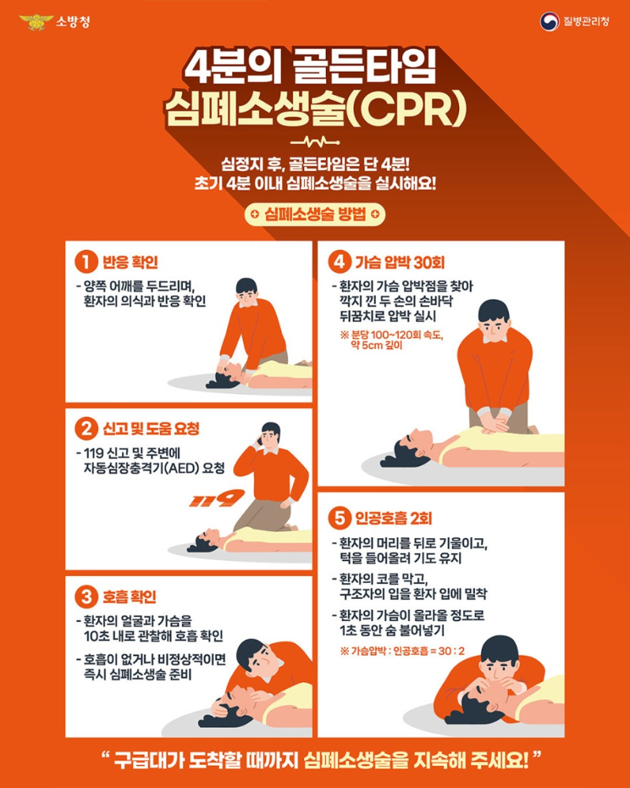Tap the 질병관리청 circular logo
[550, 21]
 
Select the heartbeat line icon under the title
[314, 143]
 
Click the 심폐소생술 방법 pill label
[315, 214]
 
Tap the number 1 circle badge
[86, 261]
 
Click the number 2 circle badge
[86, 429]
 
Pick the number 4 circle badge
[338, 261]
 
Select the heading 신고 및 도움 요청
[151, 429]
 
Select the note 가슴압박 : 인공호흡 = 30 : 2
[402, 651]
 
